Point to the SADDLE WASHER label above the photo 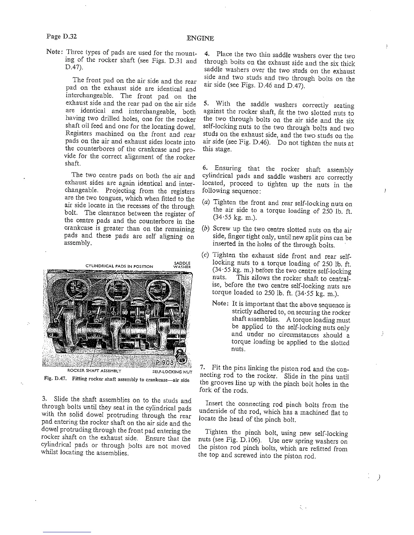click(x=182, y=265)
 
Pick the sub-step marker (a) click(x=205, y=202)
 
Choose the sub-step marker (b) click(x=205, y=230)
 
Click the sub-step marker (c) click(x=205, y=256)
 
